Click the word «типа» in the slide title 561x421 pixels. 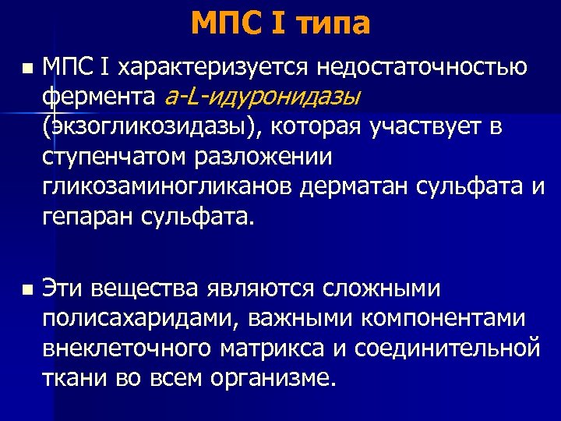click(333, 24)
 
